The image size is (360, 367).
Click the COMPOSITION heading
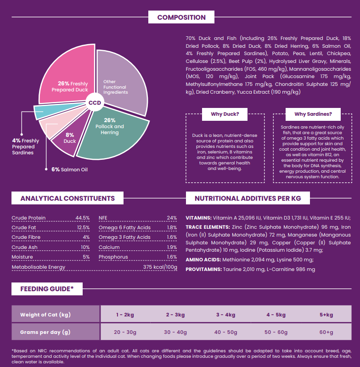tap(181, 17)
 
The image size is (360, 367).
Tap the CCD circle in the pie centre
tap(95, 102)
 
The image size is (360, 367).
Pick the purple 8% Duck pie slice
tap(70, 138)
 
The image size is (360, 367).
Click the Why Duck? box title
tap(225, 114)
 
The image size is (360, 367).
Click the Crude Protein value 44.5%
tap(82, 218)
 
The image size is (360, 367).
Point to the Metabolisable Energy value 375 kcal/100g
tap(160, 267)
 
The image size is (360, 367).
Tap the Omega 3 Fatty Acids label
tap(124, 237)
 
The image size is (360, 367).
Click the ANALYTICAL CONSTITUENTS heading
tap(67, 198)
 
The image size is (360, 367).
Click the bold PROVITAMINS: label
tap(203, 269)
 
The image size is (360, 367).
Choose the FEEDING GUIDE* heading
tap(46, 289)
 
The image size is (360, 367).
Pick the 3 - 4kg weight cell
tap(225, 315)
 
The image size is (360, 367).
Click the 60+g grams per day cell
tap(326, 332)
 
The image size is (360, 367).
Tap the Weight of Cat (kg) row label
tap(45, 315)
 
